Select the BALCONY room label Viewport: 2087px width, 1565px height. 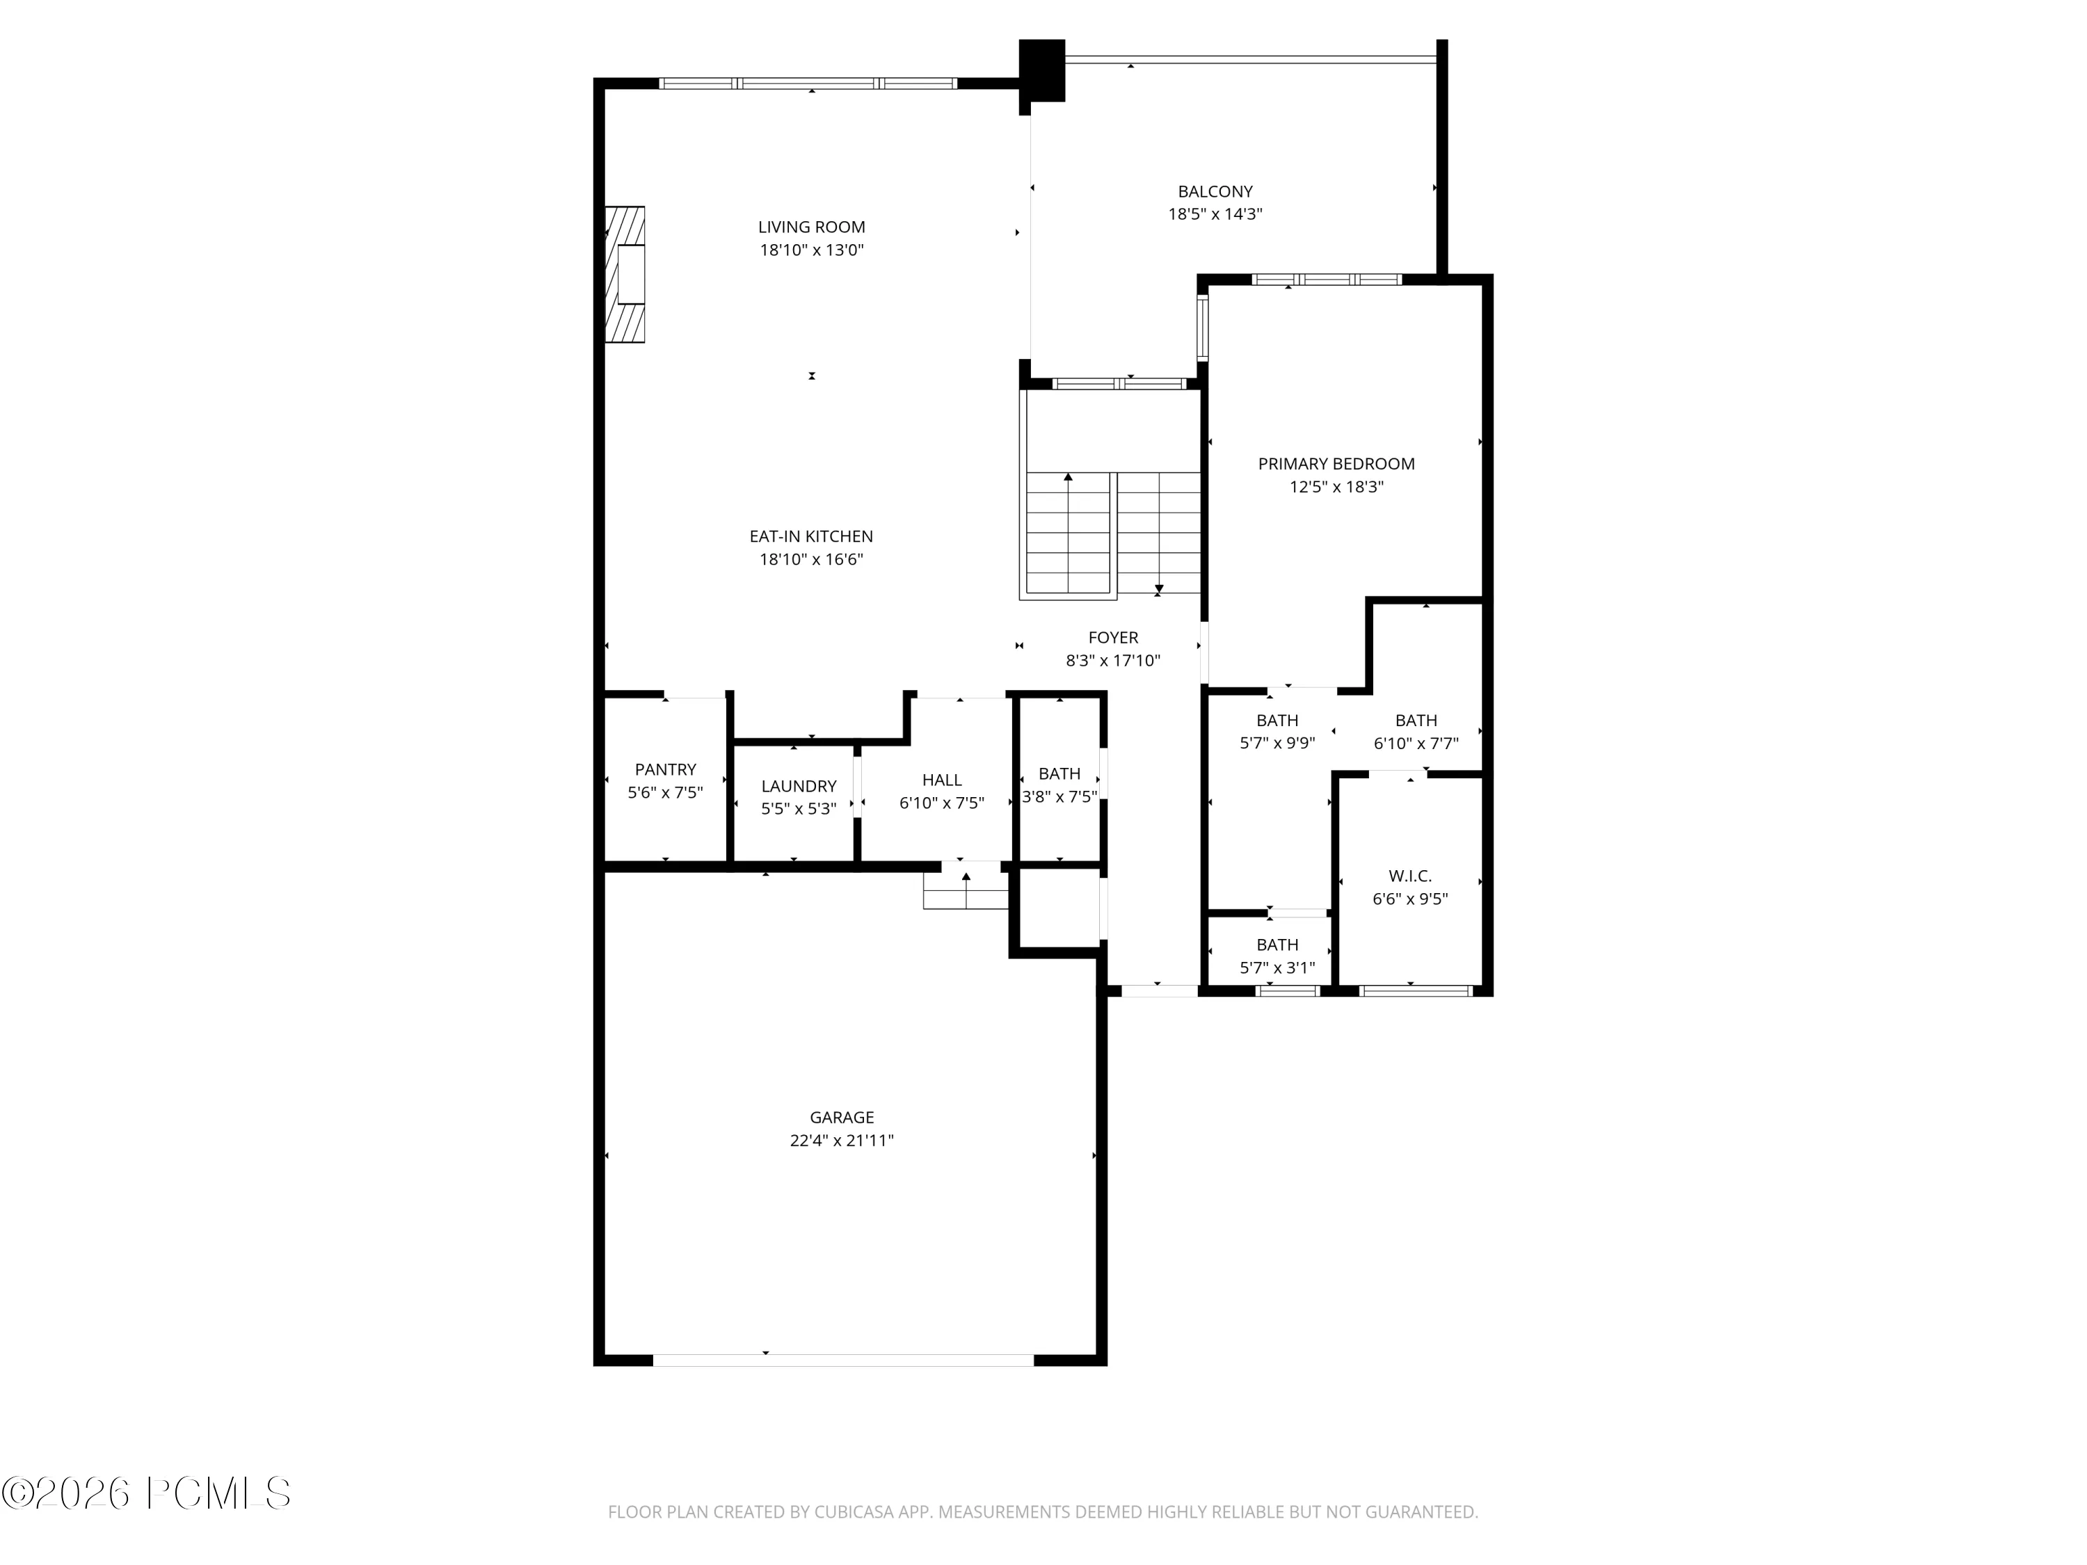[1215, 191]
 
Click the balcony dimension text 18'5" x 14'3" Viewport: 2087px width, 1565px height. [1215, 214]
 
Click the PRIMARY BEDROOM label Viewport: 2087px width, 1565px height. [1336, 464]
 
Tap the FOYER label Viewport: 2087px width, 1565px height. [1113, 638]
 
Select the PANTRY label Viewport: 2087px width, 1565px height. [665, 770]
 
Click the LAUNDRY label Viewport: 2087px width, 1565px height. [799, 786]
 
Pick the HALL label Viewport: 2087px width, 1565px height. [942, 780]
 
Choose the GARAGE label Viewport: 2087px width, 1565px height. [842, 1118]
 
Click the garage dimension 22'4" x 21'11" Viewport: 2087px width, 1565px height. [842, 1141]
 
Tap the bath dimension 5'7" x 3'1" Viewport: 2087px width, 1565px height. [1277, 968]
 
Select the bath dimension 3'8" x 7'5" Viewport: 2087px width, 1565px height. [1060, 796]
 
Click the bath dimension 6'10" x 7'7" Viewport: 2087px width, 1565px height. [1416, 744]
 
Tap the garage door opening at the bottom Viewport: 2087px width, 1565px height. [843, 1361]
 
